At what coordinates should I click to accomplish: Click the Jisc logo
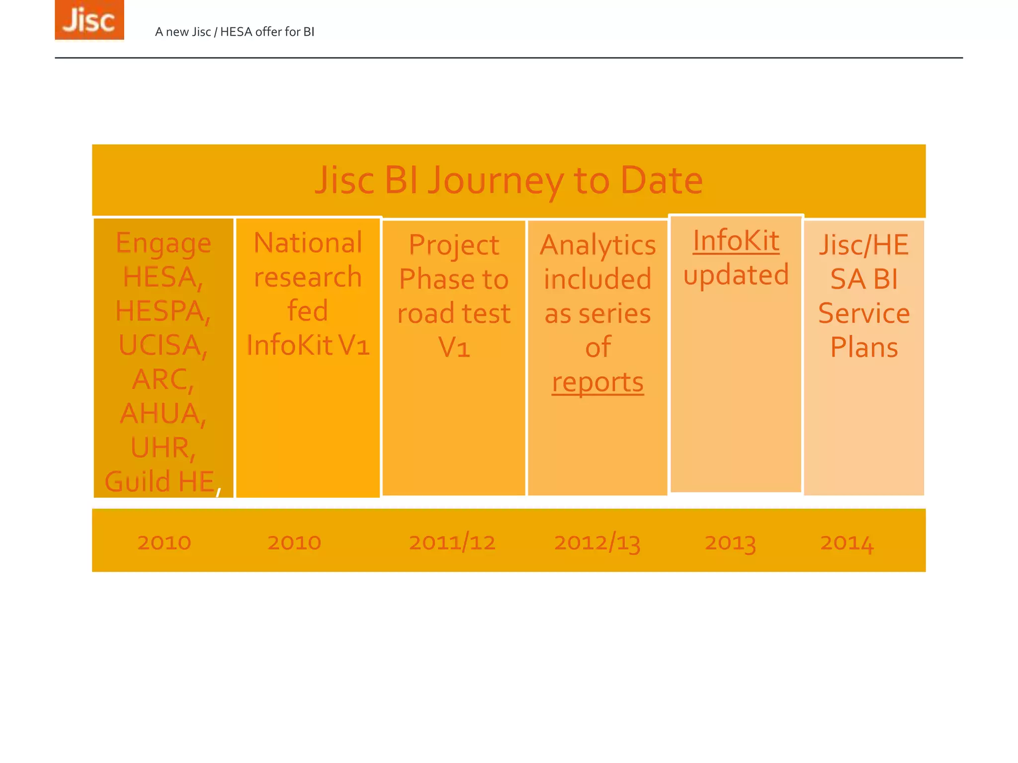coord(89,20)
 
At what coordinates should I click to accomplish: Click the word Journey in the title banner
coord(496,180)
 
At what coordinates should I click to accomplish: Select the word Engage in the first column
coord(164,243)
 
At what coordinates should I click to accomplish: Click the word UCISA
coord(163,345)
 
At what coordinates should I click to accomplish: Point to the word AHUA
coord(163,413)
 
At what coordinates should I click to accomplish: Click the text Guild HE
coord(160,481)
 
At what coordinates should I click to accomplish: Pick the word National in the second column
coord(308,243)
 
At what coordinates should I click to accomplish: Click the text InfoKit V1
coord(308,345)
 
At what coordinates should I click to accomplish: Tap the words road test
coord(454,313)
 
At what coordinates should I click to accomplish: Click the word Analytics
coord(597,245)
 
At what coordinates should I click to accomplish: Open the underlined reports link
coord(597,382)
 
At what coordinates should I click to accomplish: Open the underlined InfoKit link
coord(736,241)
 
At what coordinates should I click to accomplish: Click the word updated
coord(736,275)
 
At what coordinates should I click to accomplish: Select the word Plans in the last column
coord(864,347)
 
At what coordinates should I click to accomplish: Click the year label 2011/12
coord(452,542)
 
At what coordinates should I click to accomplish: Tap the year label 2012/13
coord(597,542)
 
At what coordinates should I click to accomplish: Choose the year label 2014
coord(847,542)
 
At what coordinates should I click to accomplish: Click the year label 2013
coord(730,542)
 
